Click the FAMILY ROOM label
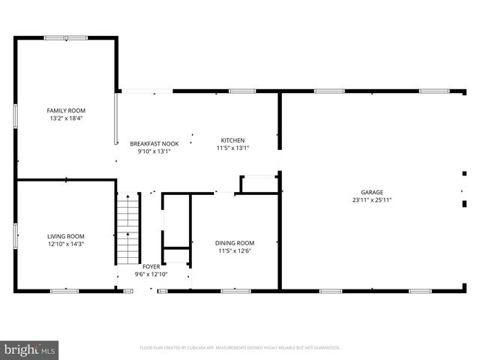point(66,110)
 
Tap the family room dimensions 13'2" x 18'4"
point(66,118)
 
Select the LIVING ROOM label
point(66,236)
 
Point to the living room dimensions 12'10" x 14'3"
point(66,244)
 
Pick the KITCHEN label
point(232,140)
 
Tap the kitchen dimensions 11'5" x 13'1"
point(232,148)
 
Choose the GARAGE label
point(372,192)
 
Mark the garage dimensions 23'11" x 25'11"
point(372,199)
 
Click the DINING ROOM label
point(235,243)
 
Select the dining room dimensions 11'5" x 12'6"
point(235,250)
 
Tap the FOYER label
point(151,266)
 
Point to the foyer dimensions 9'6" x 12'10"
point(151,274)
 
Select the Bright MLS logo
point(30,349)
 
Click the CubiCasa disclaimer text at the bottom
point(240,348)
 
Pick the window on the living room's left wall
point(16,235)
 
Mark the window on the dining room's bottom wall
point(235,290)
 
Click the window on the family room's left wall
point(16,116)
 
